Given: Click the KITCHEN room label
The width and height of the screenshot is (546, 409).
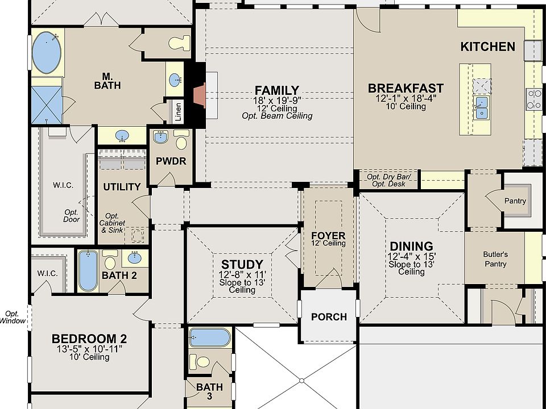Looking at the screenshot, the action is pos(487,47).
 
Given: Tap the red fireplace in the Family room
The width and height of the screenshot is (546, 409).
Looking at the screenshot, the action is pos(200,95).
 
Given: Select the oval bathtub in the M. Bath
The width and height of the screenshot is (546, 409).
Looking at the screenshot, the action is pos(47,52).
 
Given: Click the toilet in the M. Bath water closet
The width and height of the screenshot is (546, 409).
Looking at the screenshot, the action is pos(179,43).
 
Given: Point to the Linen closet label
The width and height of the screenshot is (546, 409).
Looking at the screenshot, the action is pos(178,112).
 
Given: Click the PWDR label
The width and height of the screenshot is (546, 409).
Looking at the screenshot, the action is pos(171,161).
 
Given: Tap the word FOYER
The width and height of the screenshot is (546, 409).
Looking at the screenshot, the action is pos(328,235).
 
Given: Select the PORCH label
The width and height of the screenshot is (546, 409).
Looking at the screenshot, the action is pos(329,317).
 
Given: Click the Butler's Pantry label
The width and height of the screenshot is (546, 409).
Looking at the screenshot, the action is pos(495,259).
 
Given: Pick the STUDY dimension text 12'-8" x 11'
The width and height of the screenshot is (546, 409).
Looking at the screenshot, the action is pos(242,275).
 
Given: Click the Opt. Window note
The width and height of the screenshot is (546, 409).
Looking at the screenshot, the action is pos(13,317).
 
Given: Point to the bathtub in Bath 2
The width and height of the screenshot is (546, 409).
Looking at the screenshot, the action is pos(88,270).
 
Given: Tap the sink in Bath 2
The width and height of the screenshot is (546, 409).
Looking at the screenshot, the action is pos(135,258).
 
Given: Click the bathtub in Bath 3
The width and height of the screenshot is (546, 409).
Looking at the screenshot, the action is pos(210,337).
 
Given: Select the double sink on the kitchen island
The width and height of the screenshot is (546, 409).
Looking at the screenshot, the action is pos(481,107).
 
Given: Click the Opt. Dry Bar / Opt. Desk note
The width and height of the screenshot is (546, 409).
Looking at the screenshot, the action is pos(388,180).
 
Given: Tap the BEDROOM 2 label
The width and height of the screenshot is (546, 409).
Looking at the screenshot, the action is pos(89,339).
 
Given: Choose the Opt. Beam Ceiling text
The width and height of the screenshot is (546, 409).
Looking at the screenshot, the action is pos(277,116).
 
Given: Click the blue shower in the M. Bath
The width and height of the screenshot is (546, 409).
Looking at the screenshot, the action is pos(47,105).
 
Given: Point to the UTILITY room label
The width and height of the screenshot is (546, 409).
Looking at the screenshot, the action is pos(122,187).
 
